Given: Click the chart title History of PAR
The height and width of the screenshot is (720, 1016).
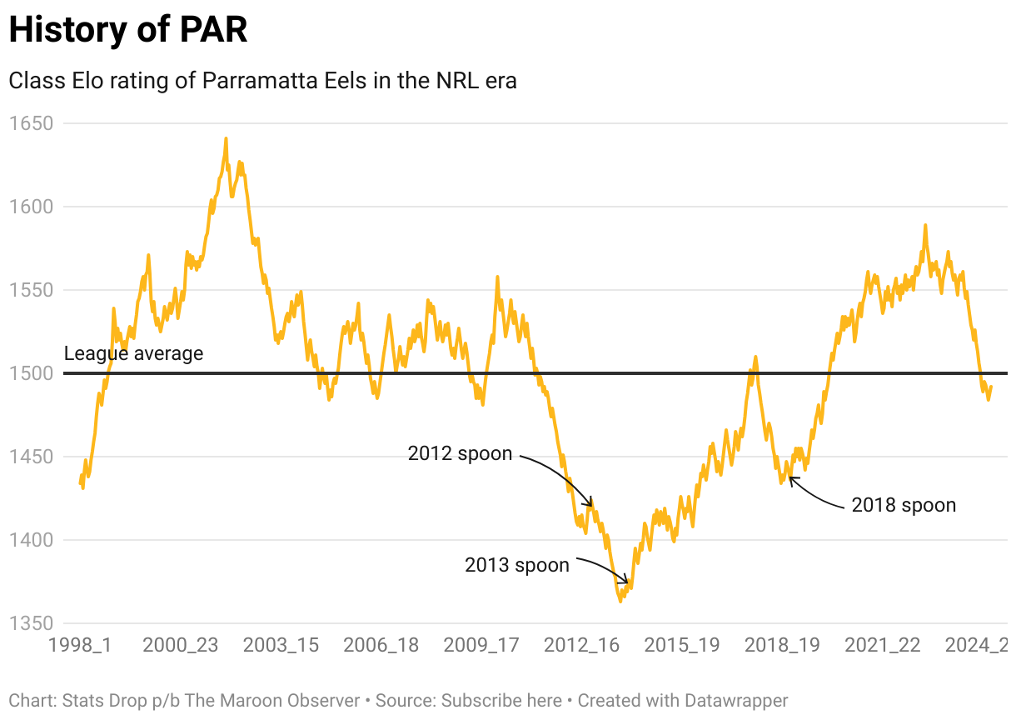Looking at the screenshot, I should (128, 30).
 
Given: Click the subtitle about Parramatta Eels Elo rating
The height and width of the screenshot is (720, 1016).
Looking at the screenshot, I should (262, 81).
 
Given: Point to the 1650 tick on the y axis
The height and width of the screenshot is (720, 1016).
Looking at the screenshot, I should (30, 123).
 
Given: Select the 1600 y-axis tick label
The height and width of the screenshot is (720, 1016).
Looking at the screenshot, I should (30, 207).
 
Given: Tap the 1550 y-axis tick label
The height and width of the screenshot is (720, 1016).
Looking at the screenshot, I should (30, 290).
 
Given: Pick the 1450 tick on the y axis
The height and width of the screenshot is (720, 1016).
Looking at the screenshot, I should (30, 457).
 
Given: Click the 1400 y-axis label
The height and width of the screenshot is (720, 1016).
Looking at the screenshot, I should (30, 540).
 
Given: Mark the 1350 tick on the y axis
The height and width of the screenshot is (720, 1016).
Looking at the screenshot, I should (30, 623).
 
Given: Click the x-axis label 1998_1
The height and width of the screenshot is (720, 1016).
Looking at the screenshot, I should (80, 646).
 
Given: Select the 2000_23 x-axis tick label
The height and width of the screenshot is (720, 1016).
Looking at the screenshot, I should (180, 646).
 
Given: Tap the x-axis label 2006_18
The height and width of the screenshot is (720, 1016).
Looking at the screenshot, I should (381, 646).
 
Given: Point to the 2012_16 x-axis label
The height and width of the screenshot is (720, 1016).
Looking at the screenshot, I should (581, 646).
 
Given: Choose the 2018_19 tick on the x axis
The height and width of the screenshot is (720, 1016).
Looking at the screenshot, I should (782, 646).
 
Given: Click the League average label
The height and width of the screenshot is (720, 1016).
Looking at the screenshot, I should (133, 353).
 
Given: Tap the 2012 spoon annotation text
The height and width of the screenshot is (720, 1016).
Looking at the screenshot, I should (460, 454).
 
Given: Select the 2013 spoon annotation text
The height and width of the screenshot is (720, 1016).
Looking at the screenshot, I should (517, 565).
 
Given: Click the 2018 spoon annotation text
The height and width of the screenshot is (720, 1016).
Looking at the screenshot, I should (904, 505).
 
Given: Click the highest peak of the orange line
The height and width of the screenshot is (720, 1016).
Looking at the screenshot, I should (226, 139).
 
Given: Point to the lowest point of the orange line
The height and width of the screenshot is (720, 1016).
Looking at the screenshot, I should (620, 601).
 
